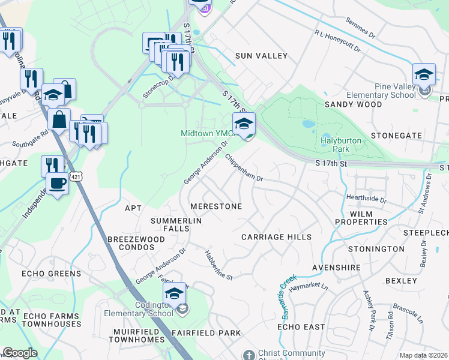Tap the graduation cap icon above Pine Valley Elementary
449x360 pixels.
(x=424, y=74)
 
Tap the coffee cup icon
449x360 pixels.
(x=58, y=183)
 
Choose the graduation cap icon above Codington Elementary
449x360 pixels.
(x=174, y=293)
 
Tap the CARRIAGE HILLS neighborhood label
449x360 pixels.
(x=276, y=237)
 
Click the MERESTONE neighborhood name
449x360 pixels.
(x=215, y=206)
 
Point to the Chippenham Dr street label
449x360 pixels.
(x=244, y=167)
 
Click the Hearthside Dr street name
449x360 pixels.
(x=366, y=197)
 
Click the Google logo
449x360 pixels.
(x=20, y=353)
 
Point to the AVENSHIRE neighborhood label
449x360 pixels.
(x=336, y=267)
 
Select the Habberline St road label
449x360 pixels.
(x=218, y=265)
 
